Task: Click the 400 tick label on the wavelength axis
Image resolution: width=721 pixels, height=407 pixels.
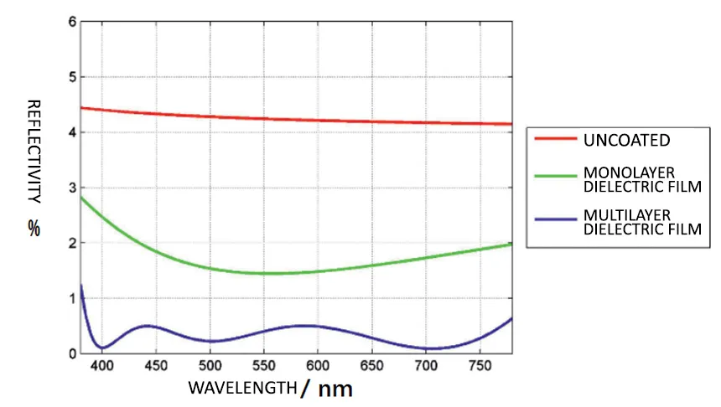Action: pyautogui.click(x=102, y=367)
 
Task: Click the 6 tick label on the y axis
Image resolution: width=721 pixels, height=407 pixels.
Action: pyautogui.click(x=73, y=22)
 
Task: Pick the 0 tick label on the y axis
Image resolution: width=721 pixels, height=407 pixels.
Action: pyautogui.click(x=73, y=353)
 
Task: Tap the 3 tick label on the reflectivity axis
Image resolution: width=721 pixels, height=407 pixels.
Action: pyautogui.click(x=73, y=188)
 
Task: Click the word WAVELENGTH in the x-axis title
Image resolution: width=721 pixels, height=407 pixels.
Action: pyautogui.click(x=242, y=388)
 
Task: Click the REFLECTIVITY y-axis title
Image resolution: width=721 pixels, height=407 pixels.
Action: pyautogui.click(x=34, y=151)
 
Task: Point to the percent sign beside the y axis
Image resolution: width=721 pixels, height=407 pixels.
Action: pyautogui.click(x=34, y=228)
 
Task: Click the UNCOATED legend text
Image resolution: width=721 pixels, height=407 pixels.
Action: pyautogui.click(x=626, y=139)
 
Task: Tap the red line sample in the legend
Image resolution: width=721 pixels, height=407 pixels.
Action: pyautogui.click(x=554, y=138)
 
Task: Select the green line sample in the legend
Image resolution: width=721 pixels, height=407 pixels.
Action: pyautogui.click(x=554, y=176)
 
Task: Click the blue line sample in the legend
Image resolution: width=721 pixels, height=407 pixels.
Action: pyautogui.click(x=554, y=219)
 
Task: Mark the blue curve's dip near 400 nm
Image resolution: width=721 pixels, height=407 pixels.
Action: pyautogui.click(x=102, y=347)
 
